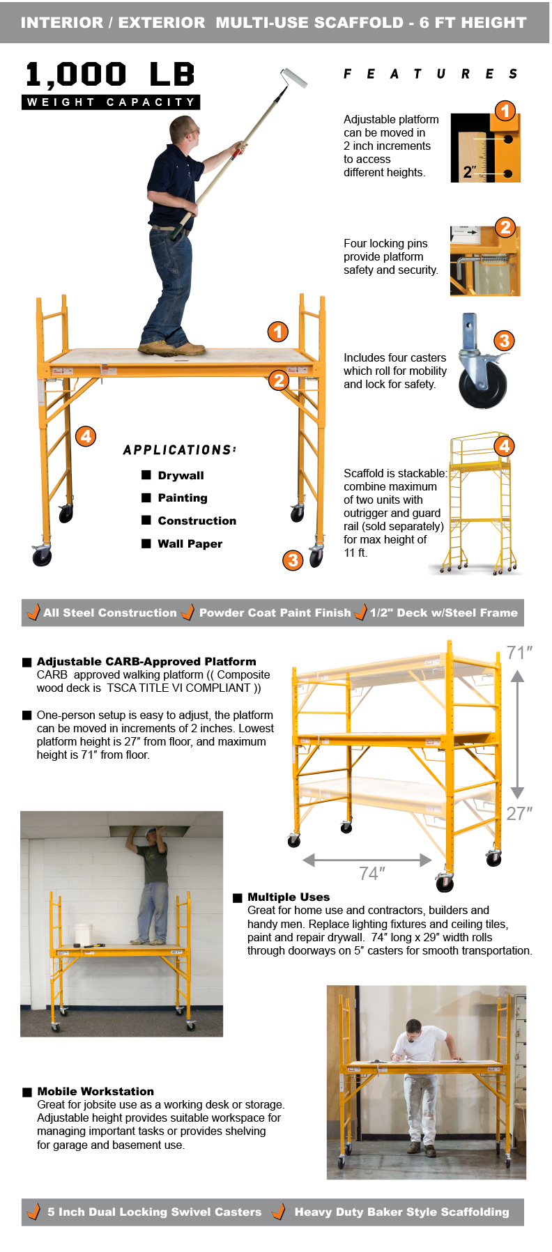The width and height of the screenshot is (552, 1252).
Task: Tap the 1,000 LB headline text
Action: point(110,75)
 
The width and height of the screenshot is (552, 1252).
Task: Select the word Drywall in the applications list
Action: point(181,475)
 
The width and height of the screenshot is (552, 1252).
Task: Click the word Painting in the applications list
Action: point(183,497)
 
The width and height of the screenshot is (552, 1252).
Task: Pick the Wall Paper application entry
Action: point(190,543)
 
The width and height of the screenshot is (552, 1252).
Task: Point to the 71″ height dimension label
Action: point(519,653)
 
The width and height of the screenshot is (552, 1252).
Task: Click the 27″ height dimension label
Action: point(519,814)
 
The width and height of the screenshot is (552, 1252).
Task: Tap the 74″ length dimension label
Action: point(372,874)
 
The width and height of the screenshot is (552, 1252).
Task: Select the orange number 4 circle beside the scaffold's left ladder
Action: point(86,436)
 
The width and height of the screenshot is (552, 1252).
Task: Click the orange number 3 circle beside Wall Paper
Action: point(293,560)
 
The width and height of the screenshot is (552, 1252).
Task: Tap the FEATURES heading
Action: point(430,74)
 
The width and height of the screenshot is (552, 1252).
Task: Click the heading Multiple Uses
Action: point(289,897)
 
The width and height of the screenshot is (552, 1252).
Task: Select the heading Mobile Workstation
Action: point(95,1091)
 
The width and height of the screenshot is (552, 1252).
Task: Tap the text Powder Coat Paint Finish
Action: point(275,612)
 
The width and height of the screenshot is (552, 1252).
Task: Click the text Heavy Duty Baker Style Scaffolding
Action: point(402,1212)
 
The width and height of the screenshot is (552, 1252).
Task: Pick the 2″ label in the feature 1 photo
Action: point(470,171)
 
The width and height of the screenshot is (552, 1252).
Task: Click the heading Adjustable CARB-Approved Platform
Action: point(146,661)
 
